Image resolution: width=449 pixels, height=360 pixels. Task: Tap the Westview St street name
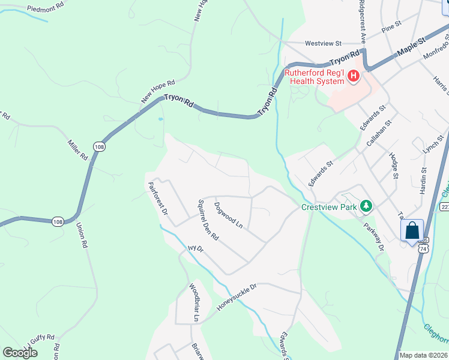tap(323, 44)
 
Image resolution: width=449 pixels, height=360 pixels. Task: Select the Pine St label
tap(391, 27)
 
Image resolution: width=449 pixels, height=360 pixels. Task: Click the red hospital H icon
tap(354, 76)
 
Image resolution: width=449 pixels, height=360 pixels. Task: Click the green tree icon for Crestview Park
tap(366, 207)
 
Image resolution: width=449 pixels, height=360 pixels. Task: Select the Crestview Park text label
tap(329, 208)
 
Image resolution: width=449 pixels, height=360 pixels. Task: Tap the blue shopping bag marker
tap(412, 230)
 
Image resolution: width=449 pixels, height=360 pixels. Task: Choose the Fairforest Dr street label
tap(157, 199)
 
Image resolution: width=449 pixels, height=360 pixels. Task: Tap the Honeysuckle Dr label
tap(237, 296)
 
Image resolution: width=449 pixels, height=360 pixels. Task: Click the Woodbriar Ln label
tap(193, 301)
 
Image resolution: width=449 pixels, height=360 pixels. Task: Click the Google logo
tap(20, 353)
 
